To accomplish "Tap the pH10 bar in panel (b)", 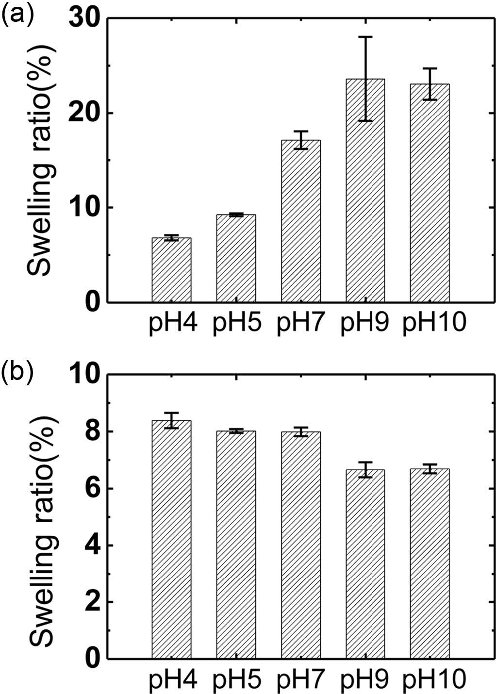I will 430,563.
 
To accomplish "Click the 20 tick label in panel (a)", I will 83,114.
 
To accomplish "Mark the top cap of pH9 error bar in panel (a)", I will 365,37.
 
